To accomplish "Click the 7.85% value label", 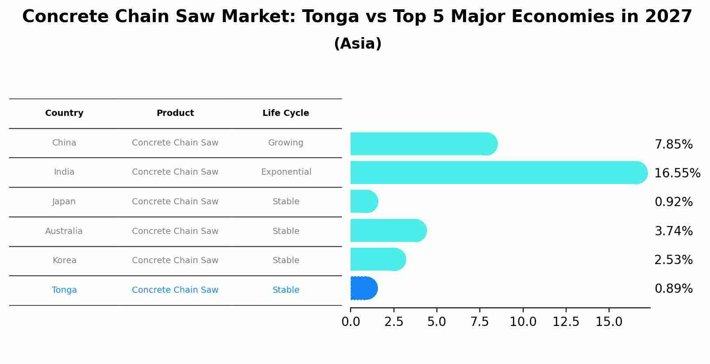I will click(x=673, y=145).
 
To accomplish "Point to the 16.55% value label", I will click(x=677, y=173).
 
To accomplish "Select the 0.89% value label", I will click(x=673, y=289).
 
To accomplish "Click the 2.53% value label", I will click(x=673, y=260).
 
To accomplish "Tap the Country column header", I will click(x=64, y=113).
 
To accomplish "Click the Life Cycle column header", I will click(x=286, y=113).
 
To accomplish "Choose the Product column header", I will click(x=175, y=113).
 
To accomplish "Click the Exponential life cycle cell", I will click(x=286, y=172).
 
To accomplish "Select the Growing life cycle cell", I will click(x=286, y=143).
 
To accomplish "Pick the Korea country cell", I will click(x=64, y=261).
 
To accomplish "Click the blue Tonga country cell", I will click(x=64, y=290).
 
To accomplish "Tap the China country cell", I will click(x=64, y=143).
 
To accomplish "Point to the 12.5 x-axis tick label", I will click(x=566, y=322).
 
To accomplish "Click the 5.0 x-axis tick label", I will click(x=436, y=322).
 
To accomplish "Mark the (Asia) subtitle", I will click(x=358, y=44).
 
